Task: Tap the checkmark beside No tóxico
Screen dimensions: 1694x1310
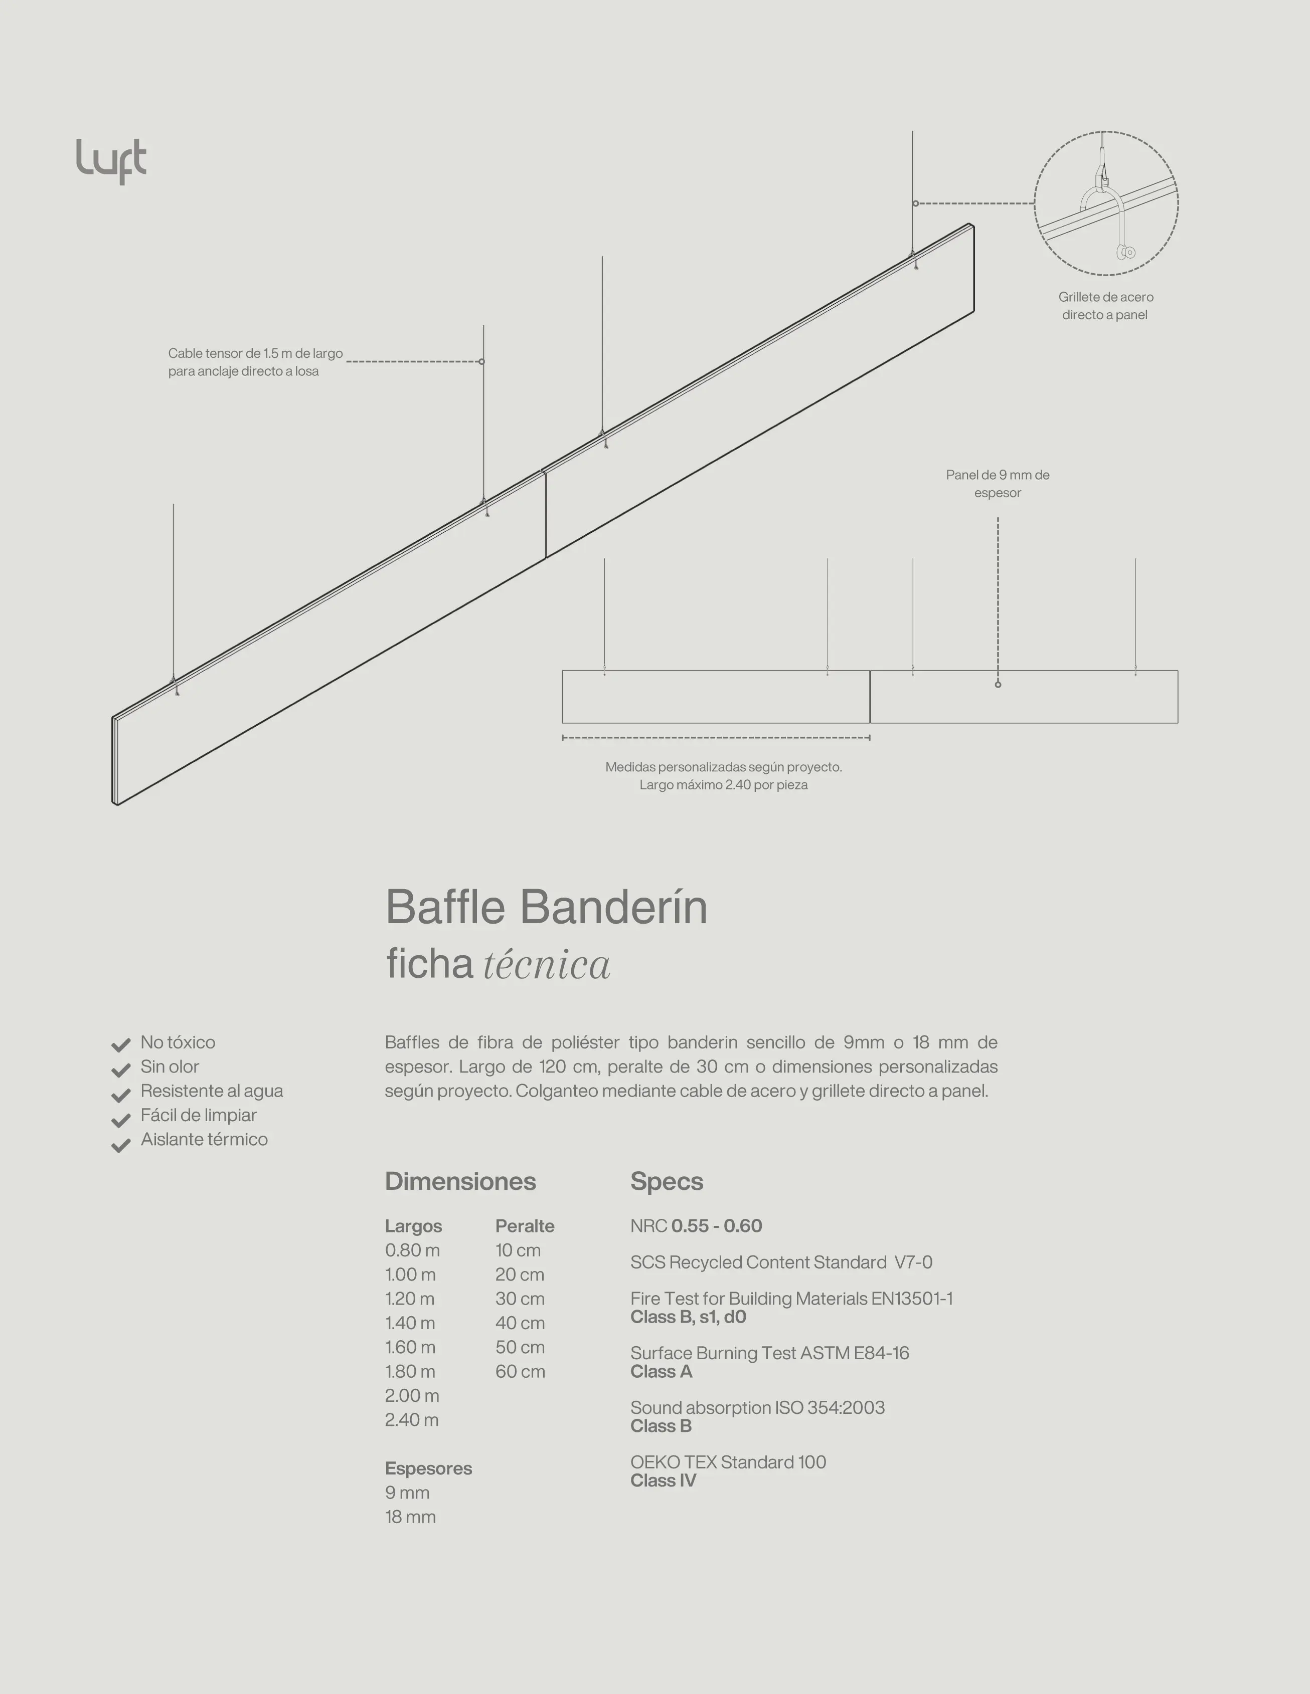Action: click(x=120, y=1045)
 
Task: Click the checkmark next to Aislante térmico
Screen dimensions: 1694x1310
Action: click(x=120, y=1146)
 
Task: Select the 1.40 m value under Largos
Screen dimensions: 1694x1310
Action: click(x=410, y=1323)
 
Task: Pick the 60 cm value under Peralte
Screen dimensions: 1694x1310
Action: click(x=520, y=1371)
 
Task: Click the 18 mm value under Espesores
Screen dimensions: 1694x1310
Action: click(x=410, y=1517)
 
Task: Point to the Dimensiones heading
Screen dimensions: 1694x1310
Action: click(x=460, y=1181)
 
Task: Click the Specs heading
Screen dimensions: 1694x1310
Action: click(x=667, y=1181)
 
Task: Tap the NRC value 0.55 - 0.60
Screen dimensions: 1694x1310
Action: click(x=716, y=1226)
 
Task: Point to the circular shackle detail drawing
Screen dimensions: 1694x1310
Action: click(x=1106, y=203)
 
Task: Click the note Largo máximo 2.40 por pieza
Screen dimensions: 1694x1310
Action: click(x=723, y=785)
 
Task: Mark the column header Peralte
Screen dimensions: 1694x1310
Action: click(x=525, y=1226)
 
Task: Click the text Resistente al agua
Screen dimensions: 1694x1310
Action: click(x=211, y=1092)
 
